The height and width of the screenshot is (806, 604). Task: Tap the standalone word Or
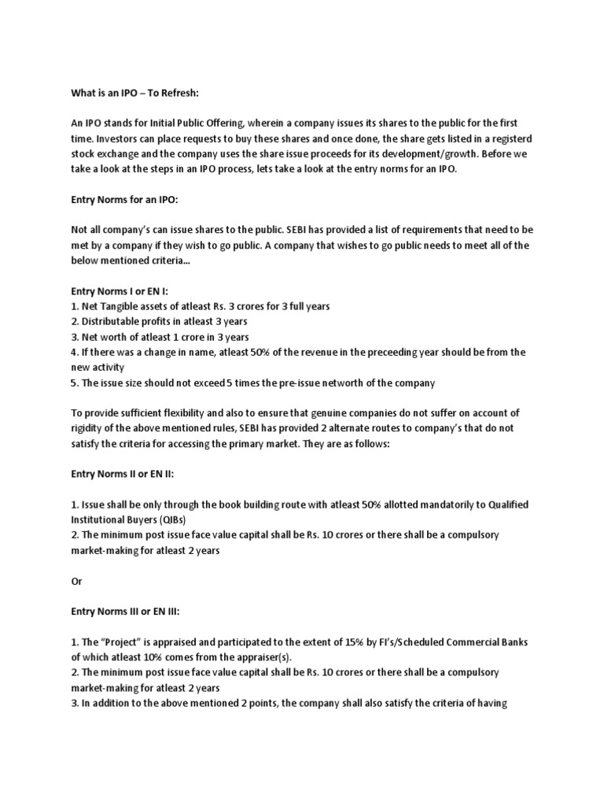(77, 581)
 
